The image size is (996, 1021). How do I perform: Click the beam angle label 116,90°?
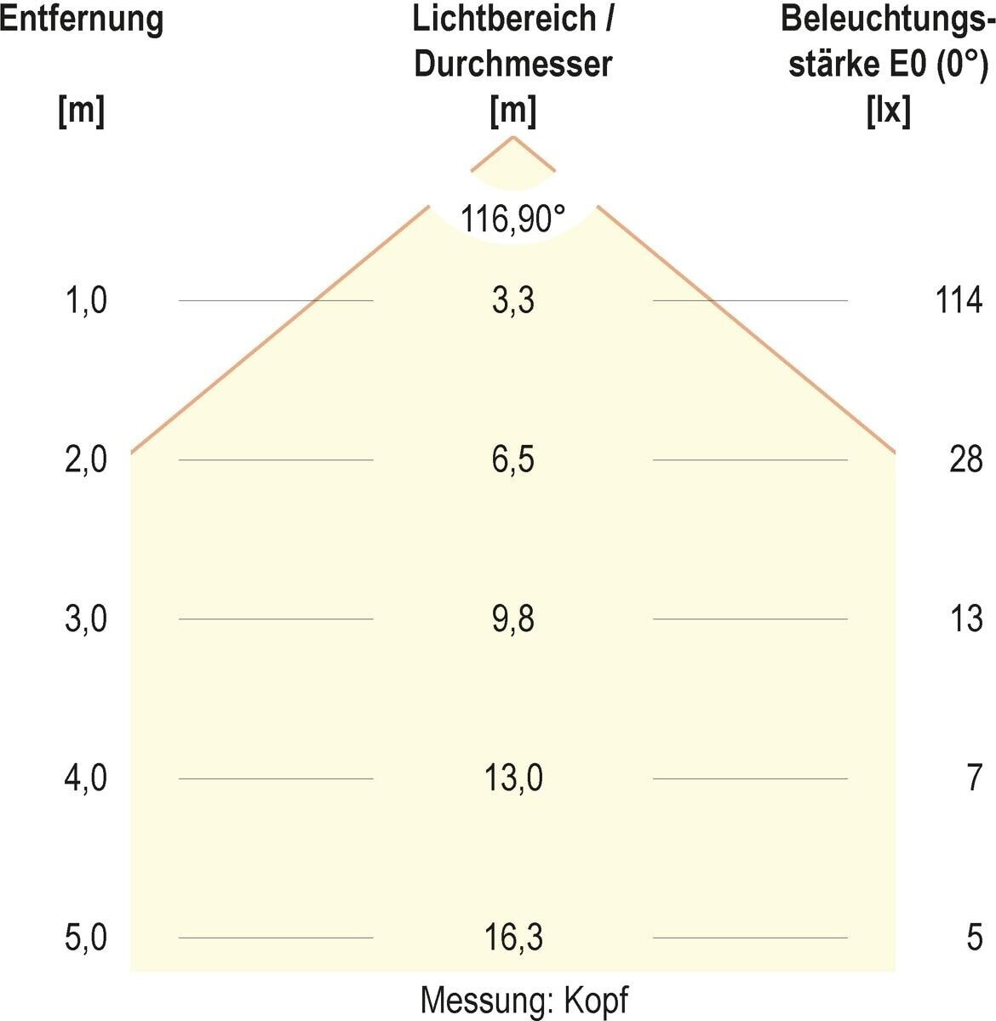[512, 219]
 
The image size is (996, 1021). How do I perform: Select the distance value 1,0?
[86, 300]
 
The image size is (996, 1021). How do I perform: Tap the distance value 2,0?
[86, 460]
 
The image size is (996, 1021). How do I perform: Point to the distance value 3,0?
[86, 619]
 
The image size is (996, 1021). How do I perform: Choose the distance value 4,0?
[86, 779]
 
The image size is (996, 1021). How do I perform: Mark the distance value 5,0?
[86, 938]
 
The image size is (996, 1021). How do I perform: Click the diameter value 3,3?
[513, 300]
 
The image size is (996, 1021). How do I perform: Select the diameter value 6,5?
[513, 460]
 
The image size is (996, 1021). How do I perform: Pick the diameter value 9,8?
[513, 619]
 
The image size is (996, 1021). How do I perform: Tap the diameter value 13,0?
[513, 779]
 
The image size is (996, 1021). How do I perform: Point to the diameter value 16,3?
[513, 938]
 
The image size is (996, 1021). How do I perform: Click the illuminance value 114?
[959, 300]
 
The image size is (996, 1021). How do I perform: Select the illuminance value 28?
[966, 460]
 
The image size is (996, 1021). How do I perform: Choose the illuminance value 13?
[966, 619]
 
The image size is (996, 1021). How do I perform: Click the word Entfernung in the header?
[82, 20]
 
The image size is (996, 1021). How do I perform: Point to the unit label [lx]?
[888, 111]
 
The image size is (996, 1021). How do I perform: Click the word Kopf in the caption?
[596, 1001]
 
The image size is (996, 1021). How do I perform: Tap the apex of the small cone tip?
[512, 137]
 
